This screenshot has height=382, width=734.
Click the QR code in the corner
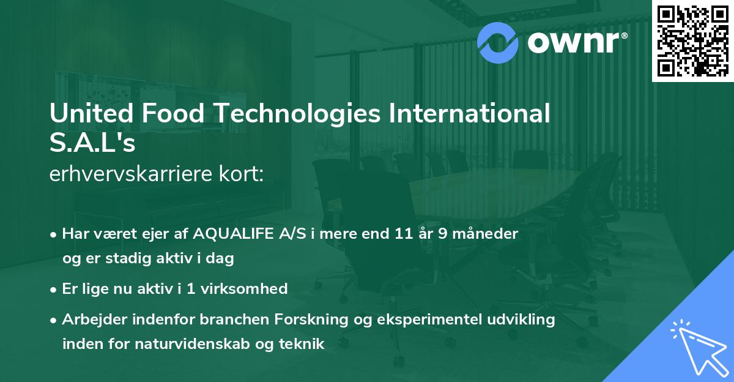coord(692,41)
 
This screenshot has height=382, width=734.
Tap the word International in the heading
coord(465,115)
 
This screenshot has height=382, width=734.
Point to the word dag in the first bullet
coord(221,258)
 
